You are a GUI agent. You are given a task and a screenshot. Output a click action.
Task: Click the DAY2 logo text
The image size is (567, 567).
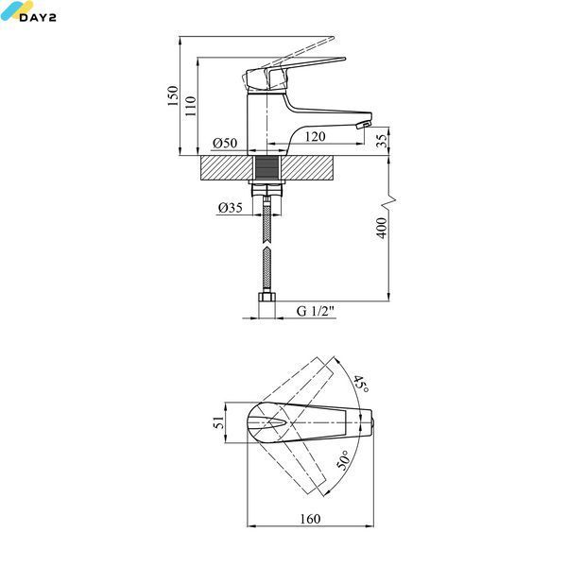tap(38, 17)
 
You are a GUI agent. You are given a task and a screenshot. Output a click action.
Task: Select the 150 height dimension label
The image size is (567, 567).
tap(173, 95)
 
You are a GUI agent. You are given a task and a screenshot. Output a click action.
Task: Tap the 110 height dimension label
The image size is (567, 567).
tap(191, 106)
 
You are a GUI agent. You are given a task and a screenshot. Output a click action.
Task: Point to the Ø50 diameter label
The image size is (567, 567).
tap(225, 143)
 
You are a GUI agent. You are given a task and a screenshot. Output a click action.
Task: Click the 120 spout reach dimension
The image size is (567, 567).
tap(315, 136)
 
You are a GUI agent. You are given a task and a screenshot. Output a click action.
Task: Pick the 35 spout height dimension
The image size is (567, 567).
tap(382, 139)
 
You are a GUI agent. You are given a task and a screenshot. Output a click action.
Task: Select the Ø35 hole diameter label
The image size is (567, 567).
tap(231, 208)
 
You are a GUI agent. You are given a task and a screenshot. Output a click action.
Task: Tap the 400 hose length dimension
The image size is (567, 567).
tap(382, 228)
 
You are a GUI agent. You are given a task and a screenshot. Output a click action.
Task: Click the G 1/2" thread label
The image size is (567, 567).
tap(316, 311)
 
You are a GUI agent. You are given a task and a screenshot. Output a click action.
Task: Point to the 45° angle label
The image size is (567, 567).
tap(361, 385)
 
